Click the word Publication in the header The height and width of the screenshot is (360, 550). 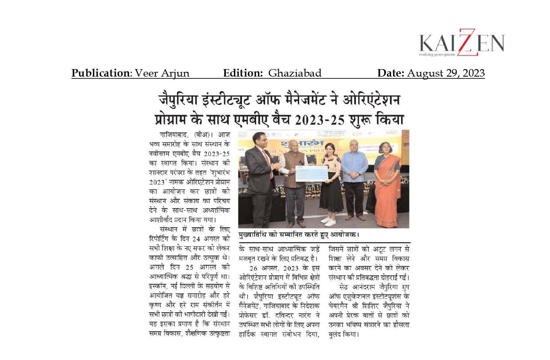[x=100, y=73]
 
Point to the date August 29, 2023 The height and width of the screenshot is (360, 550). [x=445, y=73]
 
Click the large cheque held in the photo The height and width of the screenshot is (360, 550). [x=311, y=174]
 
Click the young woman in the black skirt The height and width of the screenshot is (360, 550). [x=331, y=184]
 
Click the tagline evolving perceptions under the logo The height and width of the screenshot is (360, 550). [x=437, y=54]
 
